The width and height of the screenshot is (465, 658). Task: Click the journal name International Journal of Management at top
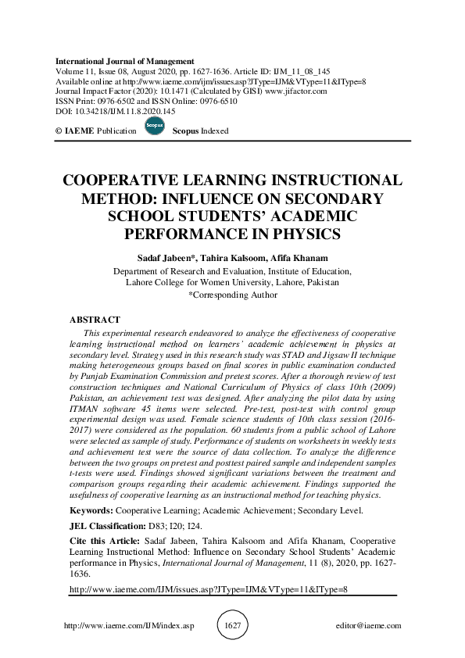[125, 61]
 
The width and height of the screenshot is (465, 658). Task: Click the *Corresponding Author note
[232, 295]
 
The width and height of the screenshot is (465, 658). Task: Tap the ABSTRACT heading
[95, 320]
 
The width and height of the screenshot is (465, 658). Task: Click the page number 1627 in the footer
[232, 625]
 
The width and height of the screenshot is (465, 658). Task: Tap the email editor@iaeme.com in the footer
[367, 626]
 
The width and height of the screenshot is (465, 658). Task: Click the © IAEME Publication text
[96, 131]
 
